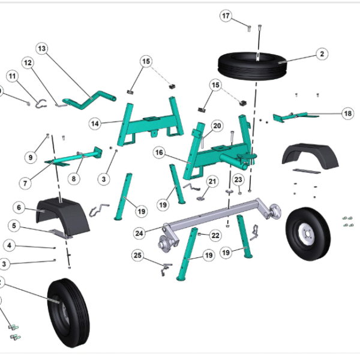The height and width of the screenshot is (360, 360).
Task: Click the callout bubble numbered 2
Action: point(322,54)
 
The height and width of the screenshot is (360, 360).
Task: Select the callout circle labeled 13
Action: point(41,48)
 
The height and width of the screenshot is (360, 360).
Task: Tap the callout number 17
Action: point(225,16)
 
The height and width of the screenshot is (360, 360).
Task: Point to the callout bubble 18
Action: point(347,113)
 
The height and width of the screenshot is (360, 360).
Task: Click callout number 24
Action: point(139,233)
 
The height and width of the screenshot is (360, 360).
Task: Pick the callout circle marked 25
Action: point(138,256)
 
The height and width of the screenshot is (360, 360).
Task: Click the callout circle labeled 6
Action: point(19,208)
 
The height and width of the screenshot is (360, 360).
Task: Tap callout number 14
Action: point(95,123)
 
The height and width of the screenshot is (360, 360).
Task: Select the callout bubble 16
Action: point(159,153)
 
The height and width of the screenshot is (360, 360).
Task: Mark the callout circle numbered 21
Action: point(212,181)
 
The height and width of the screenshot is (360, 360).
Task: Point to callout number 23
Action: point(238,179)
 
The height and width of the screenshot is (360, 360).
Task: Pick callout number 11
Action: point(13,76)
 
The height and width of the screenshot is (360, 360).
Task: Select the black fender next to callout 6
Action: point(58,212)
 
